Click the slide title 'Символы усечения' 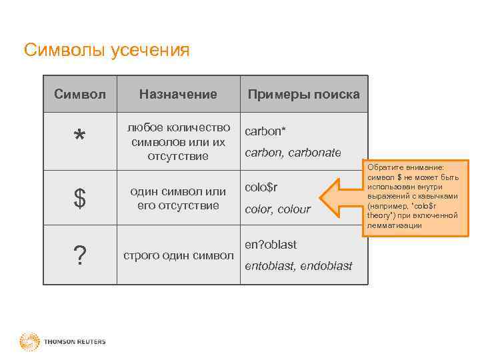[107, 51]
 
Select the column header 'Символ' [80, 94]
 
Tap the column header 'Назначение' [178, 94]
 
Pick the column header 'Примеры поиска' [303, 94]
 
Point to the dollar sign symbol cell [80, 199]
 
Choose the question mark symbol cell [80, 255]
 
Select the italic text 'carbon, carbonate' [293, 153]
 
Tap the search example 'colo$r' [261, 187]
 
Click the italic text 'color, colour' [278, 209]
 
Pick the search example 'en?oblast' [271, 245]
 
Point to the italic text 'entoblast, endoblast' [298, 266]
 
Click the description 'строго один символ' [178, 255]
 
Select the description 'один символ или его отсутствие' [178, 198]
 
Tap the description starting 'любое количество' [178, 141]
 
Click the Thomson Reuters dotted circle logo [29, 342]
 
